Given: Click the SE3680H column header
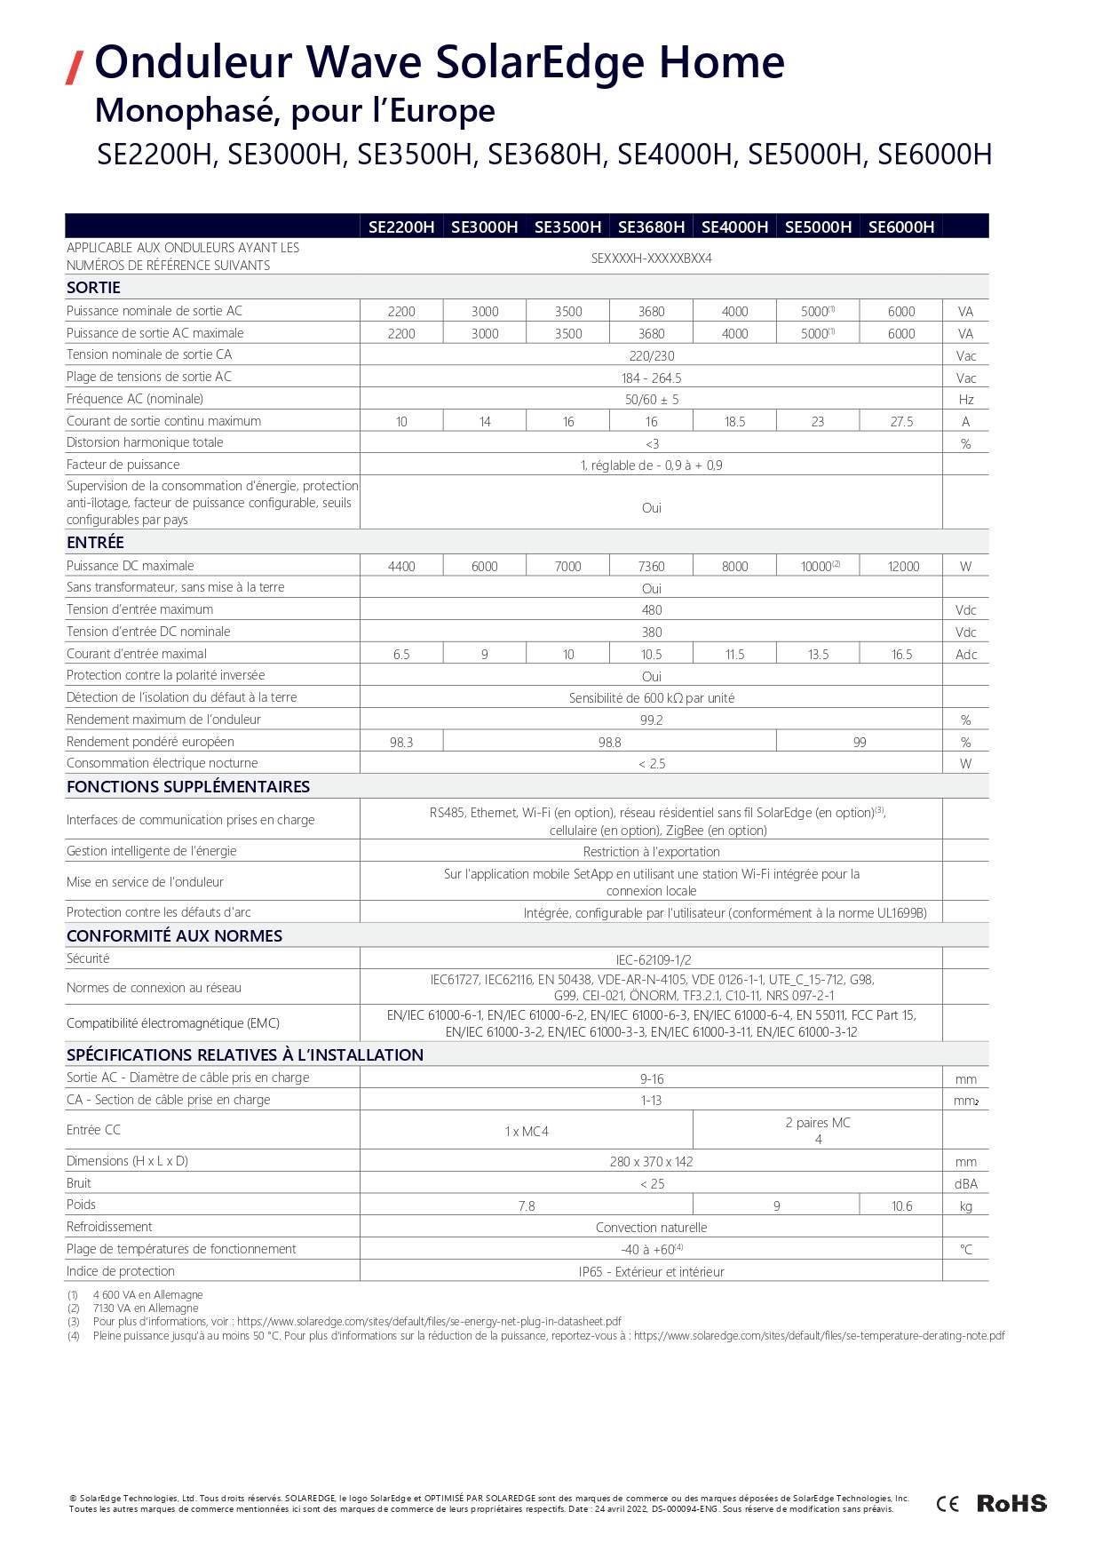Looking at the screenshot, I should tap(651, 227).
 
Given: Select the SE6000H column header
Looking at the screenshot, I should tap(901, 227).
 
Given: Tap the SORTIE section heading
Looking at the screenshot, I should tap(93, 288).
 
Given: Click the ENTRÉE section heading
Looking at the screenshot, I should tap(95, 543).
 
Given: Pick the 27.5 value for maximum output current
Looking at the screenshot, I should tap(901, 422).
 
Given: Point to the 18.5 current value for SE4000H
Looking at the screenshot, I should tap(734, 422).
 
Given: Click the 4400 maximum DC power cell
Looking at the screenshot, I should tap(401, 567).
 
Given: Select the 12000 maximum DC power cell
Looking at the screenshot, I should tap(903, 567).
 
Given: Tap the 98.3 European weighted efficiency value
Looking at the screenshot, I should tap(401, 743).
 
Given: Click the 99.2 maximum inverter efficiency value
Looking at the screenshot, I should tap(652, 720).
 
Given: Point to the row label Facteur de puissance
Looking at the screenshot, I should tap(123, 465).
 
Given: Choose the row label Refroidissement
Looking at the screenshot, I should tap(109, 1227).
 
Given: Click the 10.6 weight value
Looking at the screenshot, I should tap(901, 1206).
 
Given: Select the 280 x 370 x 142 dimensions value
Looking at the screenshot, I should tap(652, 1162).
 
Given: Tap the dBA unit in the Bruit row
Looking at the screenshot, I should tap(965, 1184).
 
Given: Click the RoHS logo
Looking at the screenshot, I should tap(1011, 1503).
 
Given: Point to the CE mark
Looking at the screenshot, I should tap(947, 1504).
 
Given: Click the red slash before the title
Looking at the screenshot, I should tap(75, 68).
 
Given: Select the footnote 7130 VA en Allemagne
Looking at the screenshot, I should tap(146, 1308).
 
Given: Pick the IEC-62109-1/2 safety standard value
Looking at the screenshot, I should tap(653, 960).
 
